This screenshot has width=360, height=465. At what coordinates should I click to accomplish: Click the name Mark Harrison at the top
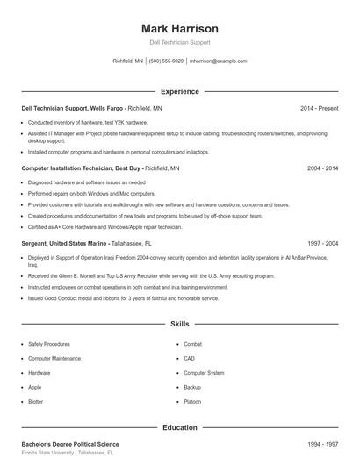(x=179, y=28)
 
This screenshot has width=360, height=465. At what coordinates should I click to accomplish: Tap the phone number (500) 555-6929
(x=166, y=61)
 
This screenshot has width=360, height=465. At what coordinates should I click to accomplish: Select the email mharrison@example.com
(x=218, y=61)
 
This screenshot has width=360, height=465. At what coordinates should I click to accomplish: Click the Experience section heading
(x=179, y=91)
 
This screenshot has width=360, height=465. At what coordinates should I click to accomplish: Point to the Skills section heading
(x=179, y=324)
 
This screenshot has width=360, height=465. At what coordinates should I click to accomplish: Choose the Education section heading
(x=179, y=427)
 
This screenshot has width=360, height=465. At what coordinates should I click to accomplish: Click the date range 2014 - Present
(x=319, y=108)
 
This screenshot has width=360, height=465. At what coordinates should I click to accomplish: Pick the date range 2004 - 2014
(x=322, y=167)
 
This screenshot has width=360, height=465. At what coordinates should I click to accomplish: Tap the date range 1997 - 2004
(x=322, y=243)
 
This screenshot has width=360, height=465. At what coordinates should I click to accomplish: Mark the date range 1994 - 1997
(x=322, y=444)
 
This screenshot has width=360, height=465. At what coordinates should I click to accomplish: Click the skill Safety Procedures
(x=49, y=344)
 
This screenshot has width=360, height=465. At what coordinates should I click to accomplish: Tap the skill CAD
(x=189, y=358)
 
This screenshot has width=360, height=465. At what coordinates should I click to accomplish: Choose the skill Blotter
(x=35, y=401)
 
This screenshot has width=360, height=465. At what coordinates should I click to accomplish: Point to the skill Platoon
(x=192, y=401)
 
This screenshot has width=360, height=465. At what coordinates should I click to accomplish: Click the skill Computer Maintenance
(x=54, y=358)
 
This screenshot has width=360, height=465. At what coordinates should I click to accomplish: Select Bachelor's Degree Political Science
(x=69, y=444)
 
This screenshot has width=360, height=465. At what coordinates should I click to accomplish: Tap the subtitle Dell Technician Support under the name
(x=179, y=42)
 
